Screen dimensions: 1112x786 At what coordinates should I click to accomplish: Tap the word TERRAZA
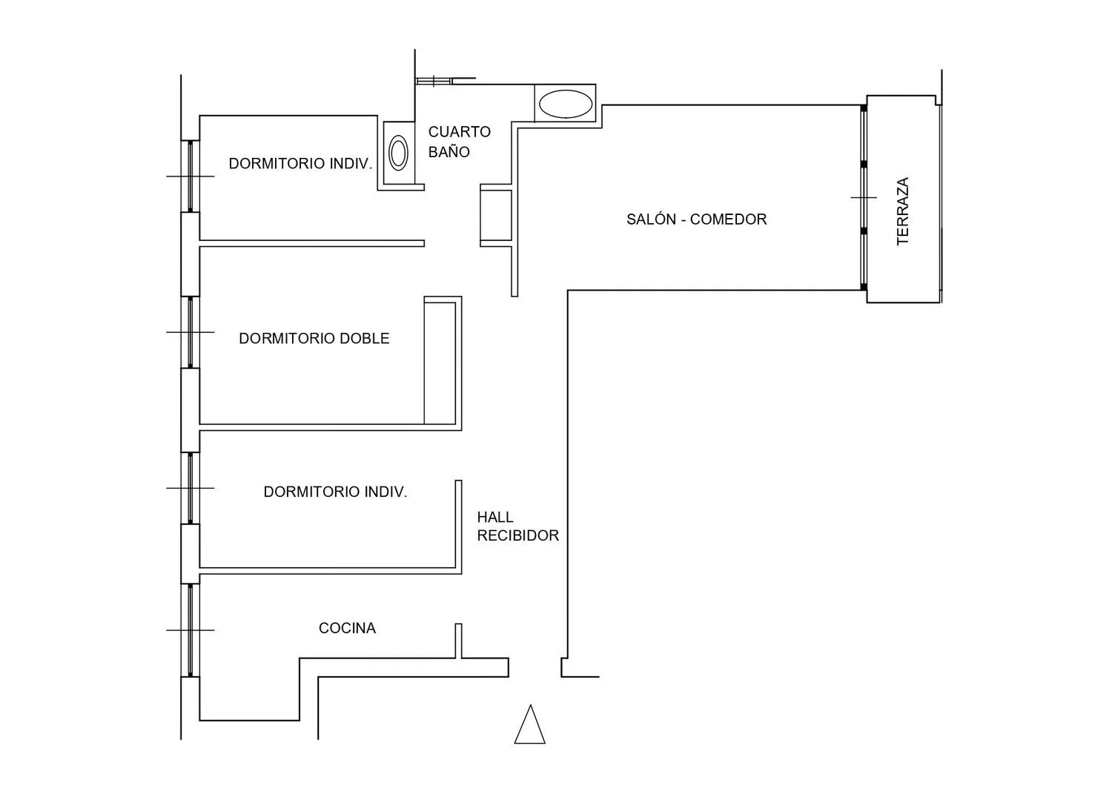pyautogui.click(x=902, y=211)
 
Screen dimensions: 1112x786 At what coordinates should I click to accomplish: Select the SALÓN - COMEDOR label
pyautogui.click(x=697, y=219)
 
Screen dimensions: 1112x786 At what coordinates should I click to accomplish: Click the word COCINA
pyautogui.click(x=347, y=628)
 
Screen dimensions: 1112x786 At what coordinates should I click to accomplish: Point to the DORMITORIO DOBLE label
pyautogui.click(x=314, y=338)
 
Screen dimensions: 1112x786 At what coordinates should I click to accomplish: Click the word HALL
pyautogui.click(x=495, y=518)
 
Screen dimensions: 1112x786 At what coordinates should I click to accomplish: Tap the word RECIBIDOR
pyautogui.click(x=517, y=535)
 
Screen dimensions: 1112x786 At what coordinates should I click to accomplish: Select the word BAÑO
pyautogui.click(x=449, y=151)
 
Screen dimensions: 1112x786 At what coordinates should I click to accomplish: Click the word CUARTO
pyautogui.click(x=459, y=131)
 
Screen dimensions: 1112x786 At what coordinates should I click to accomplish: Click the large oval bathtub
pyautogui.click(x=566, y=104)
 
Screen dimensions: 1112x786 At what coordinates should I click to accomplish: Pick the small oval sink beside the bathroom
pyautogui.click(x=398, y=153)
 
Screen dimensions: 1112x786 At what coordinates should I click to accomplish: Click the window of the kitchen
pyautogui.click(x=190, y=630)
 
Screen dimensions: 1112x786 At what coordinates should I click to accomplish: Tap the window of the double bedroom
pyautogui.click(x=190, y=332)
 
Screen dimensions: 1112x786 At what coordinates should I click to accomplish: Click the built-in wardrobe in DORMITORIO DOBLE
pyautogui.click(x=440, y=363)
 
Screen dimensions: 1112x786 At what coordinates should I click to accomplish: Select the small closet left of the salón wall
pyautogui.click(x=496, y=216)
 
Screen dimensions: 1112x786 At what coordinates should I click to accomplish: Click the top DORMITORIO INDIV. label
pyautogui.click(x=300, y=163)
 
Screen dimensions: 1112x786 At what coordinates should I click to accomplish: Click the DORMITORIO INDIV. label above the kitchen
pyautogui.click(x=335, y=492)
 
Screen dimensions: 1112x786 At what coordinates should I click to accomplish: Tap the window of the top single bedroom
pyautogui.click(x=190, y=176)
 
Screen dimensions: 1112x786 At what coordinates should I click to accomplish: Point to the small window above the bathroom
pyautogui.click(x=434, y=81)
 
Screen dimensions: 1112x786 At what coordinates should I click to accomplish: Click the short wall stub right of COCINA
pyautogui.click(x=458, y=641)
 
